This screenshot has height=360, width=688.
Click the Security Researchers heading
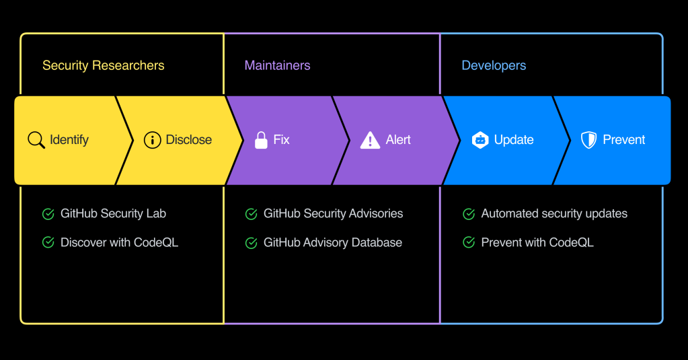coord(103,65)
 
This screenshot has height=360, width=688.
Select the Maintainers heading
coord(277,65)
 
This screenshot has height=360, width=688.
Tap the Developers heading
coord(494,65)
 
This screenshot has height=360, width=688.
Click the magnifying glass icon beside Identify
coord(36,140)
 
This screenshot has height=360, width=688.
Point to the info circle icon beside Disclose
coord(153,140)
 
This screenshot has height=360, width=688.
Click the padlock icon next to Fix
coord(261,140)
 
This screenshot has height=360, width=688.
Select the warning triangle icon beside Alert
coord(370,140)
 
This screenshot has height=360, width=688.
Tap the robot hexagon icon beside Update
coord(480,140)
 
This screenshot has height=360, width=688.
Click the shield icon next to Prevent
coord(588,140)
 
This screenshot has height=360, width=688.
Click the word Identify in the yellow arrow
coord(69,140)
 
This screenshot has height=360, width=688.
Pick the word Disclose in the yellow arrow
coord(189,140)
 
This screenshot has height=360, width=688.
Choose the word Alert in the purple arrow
coord(398,140)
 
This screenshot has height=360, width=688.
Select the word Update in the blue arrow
coord(514,140)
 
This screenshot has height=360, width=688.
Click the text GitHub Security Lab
coord(113,214)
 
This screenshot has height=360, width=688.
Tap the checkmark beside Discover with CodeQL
coord(48,243)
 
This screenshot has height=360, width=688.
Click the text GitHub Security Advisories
coord(333,214)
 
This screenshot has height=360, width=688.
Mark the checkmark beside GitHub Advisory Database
coord(251,243)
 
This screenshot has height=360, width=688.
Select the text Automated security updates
coord(554,214)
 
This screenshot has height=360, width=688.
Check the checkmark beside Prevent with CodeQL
coord(469,243)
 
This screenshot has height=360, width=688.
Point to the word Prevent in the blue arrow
coord(623,140)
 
